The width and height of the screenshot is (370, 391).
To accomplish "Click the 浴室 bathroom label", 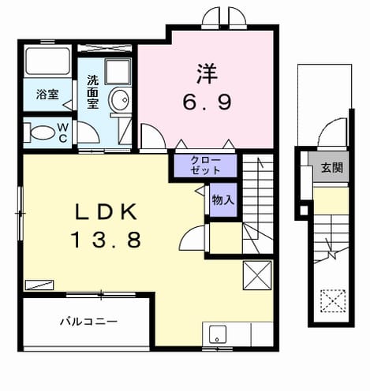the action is (47, 95).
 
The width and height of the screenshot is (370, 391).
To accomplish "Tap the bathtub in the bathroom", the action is (47, 61).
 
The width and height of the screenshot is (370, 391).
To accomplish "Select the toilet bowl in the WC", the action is (43, 132).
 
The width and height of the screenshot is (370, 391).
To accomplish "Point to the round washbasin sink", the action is (119, 99).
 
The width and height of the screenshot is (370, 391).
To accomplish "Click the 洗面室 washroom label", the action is (92, 91).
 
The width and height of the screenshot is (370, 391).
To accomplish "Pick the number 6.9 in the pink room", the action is (207, 102).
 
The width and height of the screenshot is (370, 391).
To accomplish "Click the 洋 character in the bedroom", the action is (207, 74).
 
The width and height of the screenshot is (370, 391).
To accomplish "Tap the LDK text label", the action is (107, 212).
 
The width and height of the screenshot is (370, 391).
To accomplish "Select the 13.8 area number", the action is (107, 240).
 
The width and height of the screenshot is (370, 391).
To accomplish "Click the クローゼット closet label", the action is (206, 166).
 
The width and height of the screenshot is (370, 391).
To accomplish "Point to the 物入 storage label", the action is (223, 200).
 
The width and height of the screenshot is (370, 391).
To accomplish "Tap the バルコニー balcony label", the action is (88, 322).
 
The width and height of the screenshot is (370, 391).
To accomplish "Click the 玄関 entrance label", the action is (332, 167).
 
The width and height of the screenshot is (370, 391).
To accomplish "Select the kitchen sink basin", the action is (218, 334).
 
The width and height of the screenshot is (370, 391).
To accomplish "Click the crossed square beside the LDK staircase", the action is (257, 275).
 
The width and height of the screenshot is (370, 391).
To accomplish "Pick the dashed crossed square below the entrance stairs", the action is (333, 301).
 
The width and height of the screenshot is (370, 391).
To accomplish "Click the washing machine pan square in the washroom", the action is (118, 72).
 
